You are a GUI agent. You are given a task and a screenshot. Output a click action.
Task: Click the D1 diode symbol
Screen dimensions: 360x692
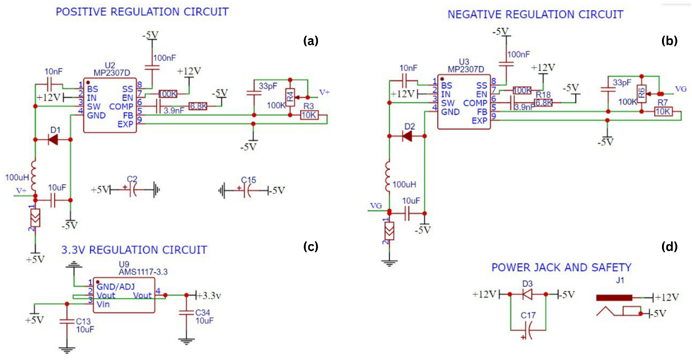click(53, 140)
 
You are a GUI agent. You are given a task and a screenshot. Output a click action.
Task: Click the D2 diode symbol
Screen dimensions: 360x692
click(407, 136)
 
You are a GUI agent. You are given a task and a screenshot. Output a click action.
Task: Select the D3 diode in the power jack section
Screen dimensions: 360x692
click(528, 294)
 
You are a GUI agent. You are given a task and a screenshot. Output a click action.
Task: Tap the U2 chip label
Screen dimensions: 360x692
click(110, 65)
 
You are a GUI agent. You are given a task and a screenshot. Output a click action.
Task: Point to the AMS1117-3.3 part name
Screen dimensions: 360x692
click(143, 272)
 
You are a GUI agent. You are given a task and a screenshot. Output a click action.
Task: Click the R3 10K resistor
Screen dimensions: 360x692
click(309, 115)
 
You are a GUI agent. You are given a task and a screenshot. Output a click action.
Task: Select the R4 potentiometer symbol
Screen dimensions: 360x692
click(290, 97)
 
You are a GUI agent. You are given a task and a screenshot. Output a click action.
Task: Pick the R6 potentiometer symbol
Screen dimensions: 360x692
click(641, 94)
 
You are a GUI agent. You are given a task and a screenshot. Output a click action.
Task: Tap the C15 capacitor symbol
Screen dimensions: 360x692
click(247, 191)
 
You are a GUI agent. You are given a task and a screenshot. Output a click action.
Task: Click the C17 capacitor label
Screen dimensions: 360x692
click(528, 315)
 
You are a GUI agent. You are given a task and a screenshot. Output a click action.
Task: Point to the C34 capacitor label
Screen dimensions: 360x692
click(202, 313)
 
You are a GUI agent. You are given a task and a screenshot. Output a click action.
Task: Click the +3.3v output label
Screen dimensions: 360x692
click(209, 296)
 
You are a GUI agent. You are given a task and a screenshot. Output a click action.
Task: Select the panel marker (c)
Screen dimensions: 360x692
click(311, 247)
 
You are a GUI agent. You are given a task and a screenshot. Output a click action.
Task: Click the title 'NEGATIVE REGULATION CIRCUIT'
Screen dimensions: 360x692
click(535, 14)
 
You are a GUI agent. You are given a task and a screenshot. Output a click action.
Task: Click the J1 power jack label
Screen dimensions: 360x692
click(620, 280)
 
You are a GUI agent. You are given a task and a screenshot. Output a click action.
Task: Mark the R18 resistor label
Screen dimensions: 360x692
click(543, 95)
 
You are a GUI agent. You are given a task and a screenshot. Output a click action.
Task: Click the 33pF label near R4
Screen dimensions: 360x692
click(268, 86)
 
